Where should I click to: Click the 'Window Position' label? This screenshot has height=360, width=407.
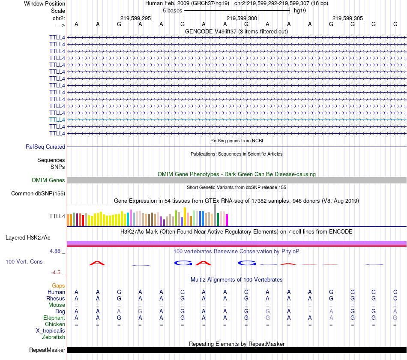(x=45, y=3)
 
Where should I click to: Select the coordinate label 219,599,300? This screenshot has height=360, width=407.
(x=242, y=18)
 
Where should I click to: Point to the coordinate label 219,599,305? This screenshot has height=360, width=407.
(x=348, y=18)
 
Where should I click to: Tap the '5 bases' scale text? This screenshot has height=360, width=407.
(x=172, y=10)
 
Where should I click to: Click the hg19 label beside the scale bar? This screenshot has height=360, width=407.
(x=300, y=10)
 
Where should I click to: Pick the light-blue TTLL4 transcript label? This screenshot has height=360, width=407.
(x=57, y=120)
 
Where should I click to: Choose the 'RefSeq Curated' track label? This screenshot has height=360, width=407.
(x=45, y=147)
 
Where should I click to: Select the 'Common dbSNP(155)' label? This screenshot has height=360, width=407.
(x=38, y=194)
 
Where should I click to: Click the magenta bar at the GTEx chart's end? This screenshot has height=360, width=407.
(x=227, y=219)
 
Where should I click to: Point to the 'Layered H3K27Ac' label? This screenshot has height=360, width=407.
(x=28, y=237)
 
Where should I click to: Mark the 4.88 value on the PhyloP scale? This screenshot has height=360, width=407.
(x=57, y=251)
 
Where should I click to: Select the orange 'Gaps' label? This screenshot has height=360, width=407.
(x=58, y=285)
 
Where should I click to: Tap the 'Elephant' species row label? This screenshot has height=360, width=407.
(x=54, y=318)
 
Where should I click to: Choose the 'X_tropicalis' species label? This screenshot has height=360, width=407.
(x=51, y=330)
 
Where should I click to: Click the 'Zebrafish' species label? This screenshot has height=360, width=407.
(x=54, y=337)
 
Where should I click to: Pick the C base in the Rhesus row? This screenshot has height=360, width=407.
(x=395, y=298)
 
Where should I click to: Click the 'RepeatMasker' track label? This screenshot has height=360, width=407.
(x=47, y=350)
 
